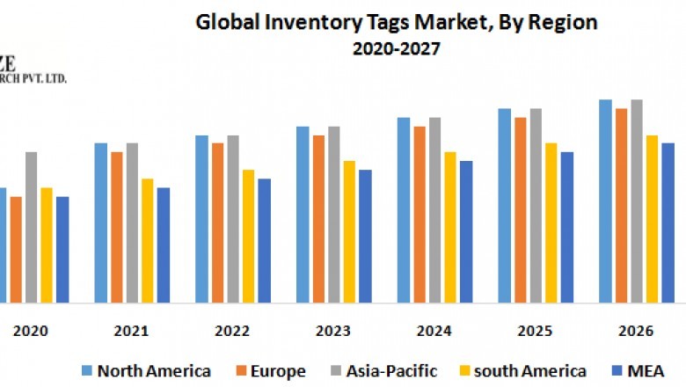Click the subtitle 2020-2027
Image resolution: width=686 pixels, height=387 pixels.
(x=397, y=49)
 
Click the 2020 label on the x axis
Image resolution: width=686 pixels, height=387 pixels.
(x=31, y=331)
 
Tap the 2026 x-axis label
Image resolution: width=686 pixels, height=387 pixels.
(x=636, y=331)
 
